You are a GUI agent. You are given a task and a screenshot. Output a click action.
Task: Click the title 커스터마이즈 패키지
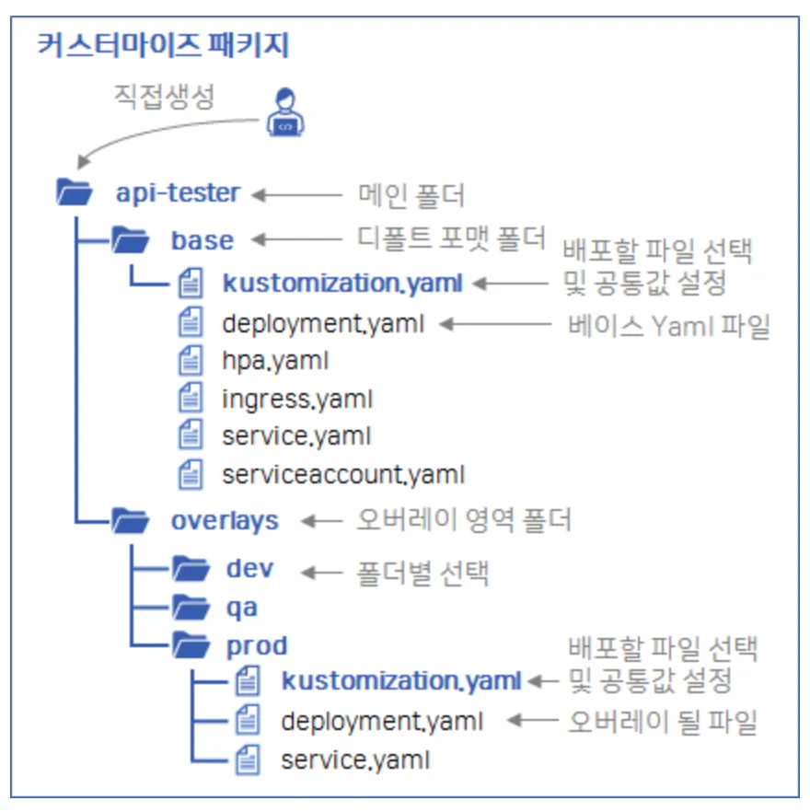163,45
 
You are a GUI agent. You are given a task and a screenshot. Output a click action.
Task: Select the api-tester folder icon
75,193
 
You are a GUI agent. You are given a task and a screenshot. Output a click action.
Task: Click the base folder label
202,240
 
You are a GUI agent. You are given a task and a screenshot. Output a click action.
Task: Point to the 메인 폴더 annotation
411,194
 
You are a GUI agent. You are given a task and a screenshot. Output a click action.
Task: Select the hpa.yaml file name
274,361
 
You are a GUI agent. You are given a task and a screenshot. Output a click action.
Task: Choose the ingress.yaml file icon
190,399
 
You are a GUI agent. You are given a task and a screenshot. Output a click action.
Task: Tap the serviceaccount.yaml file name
342,475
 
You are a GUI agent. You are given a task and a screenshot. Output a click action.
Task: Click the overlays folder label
225,520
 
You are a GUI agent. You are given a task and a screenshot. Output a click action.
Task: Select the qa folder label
242,609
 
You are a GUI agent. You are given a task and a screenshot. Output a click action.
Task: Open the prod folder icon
191,646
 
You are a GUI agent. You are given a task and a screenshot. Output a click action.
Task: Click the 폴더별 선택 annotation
422,573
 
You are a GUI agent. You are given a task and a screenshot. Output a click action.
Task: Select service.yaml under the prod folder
354,760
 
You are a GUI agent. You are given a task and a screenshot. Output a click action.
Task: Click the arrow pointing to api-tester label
296,194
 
